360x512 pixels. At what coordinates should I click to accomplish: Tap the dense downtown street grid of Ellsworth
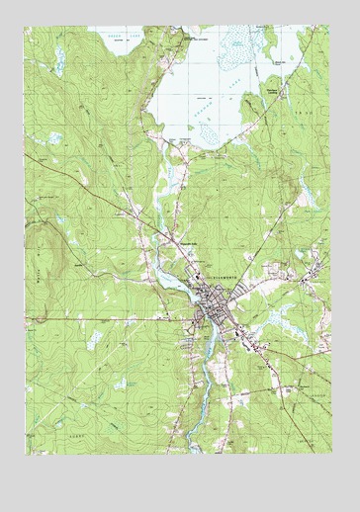point(209,316)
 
